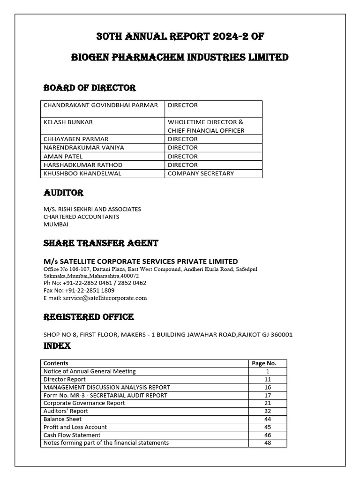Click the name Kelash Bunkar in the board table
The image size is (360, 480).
coord(68,122)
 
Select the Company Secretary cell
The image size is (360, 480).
coord(201,173)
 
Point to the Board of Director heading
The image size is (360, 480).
coord(90,88)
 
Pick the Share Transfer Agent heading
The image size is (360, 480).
coord(101,243)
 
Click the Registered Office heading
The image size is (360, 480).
coord(89,317)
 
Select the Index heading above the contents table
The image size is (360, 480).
coord(57,346)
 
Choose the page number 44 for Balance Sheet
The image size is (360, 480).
coord(268,419)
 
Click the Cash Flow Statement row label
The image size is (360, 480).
coord(65,435)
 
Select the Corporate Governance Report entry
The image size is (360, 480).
coord(84,403)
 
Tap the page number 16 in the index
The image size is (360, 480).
coord(268,387)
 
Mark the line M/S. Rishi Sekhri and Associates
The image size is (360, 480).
coord(92,209)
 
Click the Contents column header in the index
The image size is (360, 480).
coord(56,363)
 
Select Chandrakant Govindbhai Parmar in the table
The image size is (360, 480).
coord(101,105)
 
